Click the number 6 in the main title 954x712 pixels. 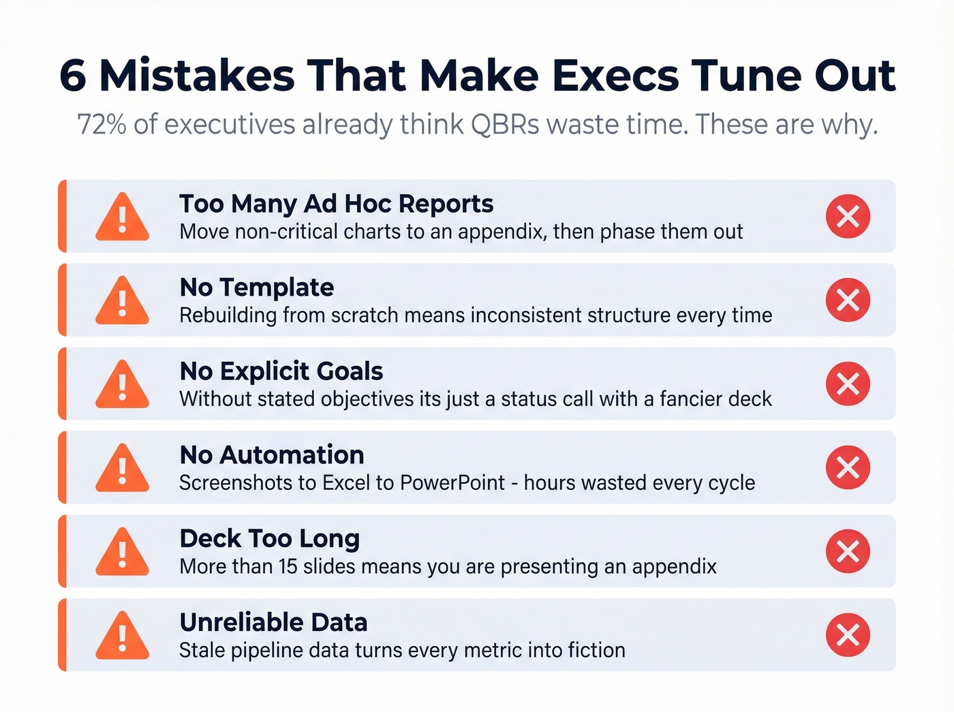coord(73,75)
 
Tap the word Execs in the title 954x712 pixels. coord(615,75)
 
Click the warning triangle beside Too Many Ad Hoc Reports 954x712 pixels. coord(122,217)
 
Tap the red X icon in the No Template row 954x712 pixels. coord(848,300)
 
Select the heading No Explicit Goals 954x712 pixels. coord(281,371)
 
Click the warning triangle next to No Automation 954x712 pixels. coord(122,469)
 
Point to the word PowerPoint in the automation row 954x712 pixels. coord(452,482)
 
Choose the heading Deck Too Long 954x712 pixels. coord(269,539)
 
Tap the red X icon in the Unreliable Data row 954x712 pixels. coord(848,635)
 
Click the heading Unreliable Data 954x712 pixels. coord(273,623)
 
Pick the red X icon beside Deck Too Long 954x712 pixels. coord(848,551)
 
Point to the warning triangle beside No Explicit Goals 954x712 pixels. coord(122,385)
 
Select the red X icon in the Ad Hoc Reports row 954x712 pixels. coord(848,217)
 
